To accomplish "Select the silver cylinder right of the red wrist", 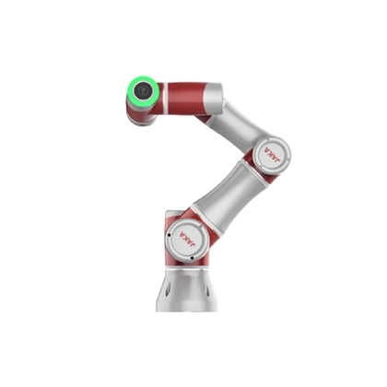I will tap(211, 97).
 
